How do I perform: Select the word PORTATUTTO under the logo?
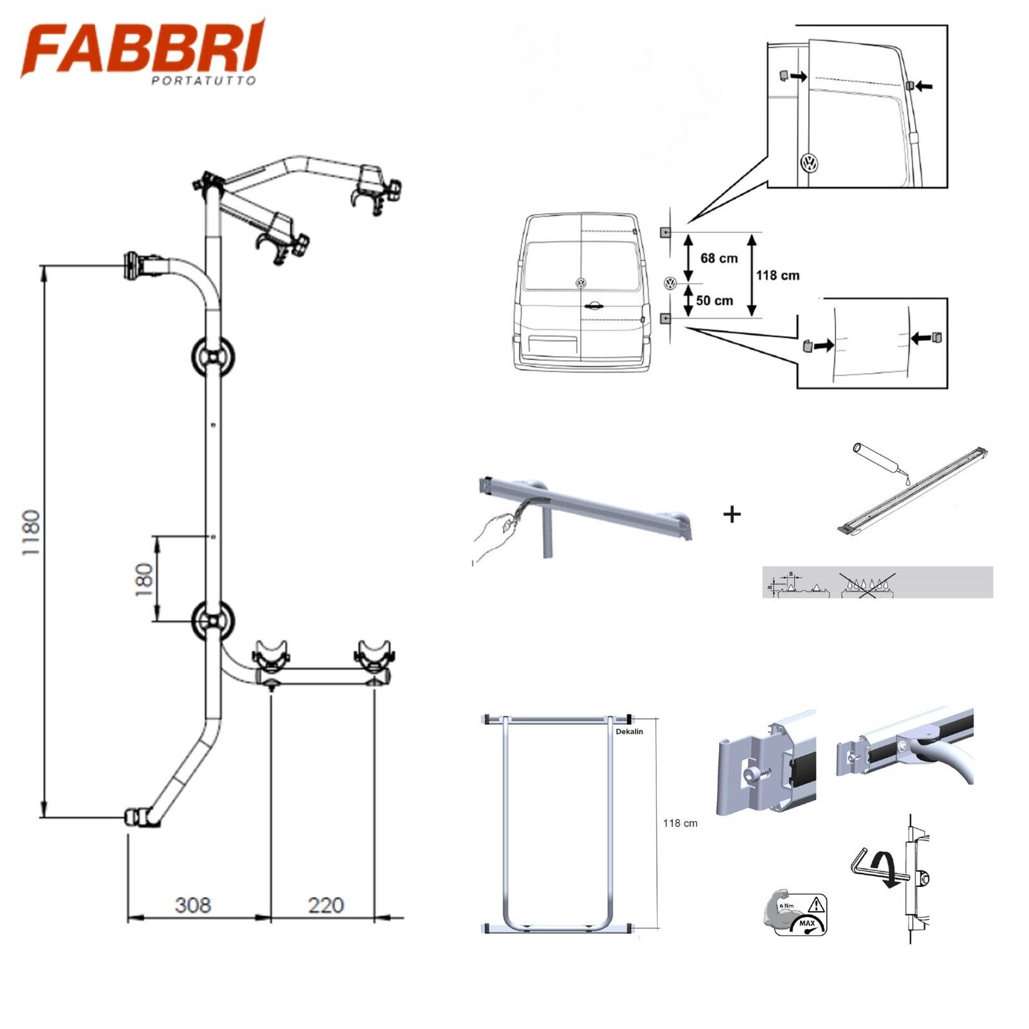coord(204,80)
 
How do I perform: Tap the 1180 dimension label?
coord(31,533)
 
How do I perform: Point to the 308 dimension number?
coord(193,906)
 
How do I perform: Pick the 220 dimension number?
coord(325,906)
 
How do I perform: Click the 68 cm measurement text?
coord(719,259)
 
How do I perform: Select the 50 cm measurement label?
coord(715,301)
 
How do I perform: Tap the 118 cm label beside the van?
coord(778,276)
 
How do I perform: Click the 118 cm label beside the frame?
coord(680,823)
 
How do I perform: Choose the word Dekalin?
coord(630,731)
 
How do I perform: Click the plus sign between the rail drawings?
coord(732,514)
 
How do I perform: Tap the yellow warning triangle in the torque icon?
coord(816,905)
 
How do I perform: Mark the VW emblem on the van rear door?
coord(581,284)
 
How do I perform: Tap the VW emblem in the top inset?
coord(810,163)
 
